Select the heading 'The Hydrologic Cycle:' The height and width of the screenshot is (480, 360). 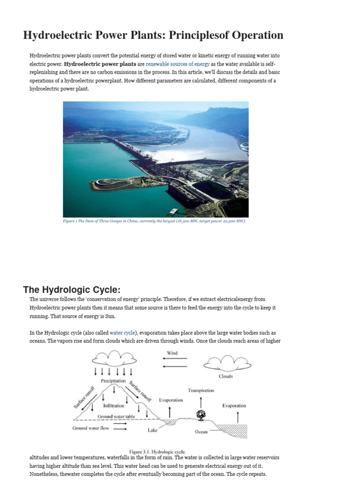click(x=75, y=289)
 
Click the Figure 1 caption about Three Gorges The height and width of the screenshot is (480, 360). click(x=154, y=221)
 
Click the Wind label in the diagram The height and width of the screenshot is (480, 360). click(x=172, y=352)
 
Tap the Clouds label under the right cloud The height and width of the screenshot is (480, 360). click(x=225, y=376)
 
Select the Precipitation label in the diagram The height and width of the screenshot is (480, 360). click(x=110, y=381)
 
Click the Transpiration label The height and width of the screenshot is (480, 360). click(x=201, y=390)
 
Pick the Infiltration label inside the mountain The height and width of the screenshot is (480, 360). click(x=113, y=405)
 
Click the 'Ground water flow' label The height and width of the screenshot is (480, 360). click(x=90, y=428)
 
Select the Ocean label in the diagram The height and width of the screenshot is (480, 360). click(x=201, y=432)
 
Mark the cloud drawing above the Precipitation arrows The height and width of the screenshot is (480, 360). click(x=110, y=359)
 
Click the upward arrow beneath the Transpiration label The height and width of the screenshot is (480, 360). click(x=201, y=401)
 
